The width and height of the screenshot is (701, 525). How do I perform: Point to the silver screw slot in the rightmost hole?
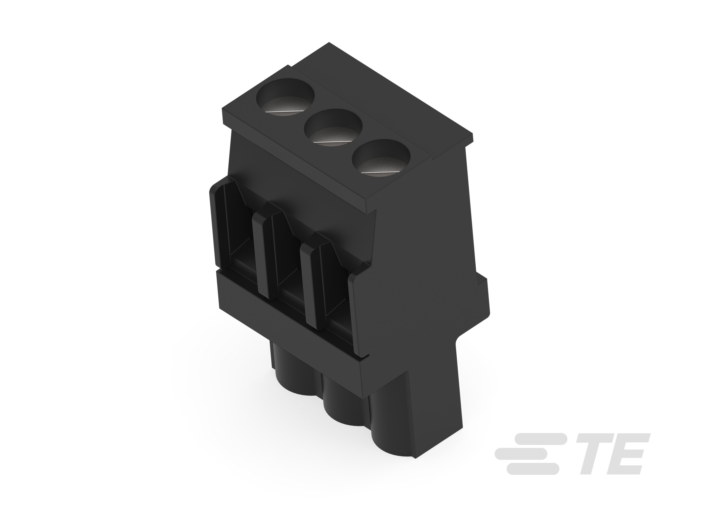click(380, 172)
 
